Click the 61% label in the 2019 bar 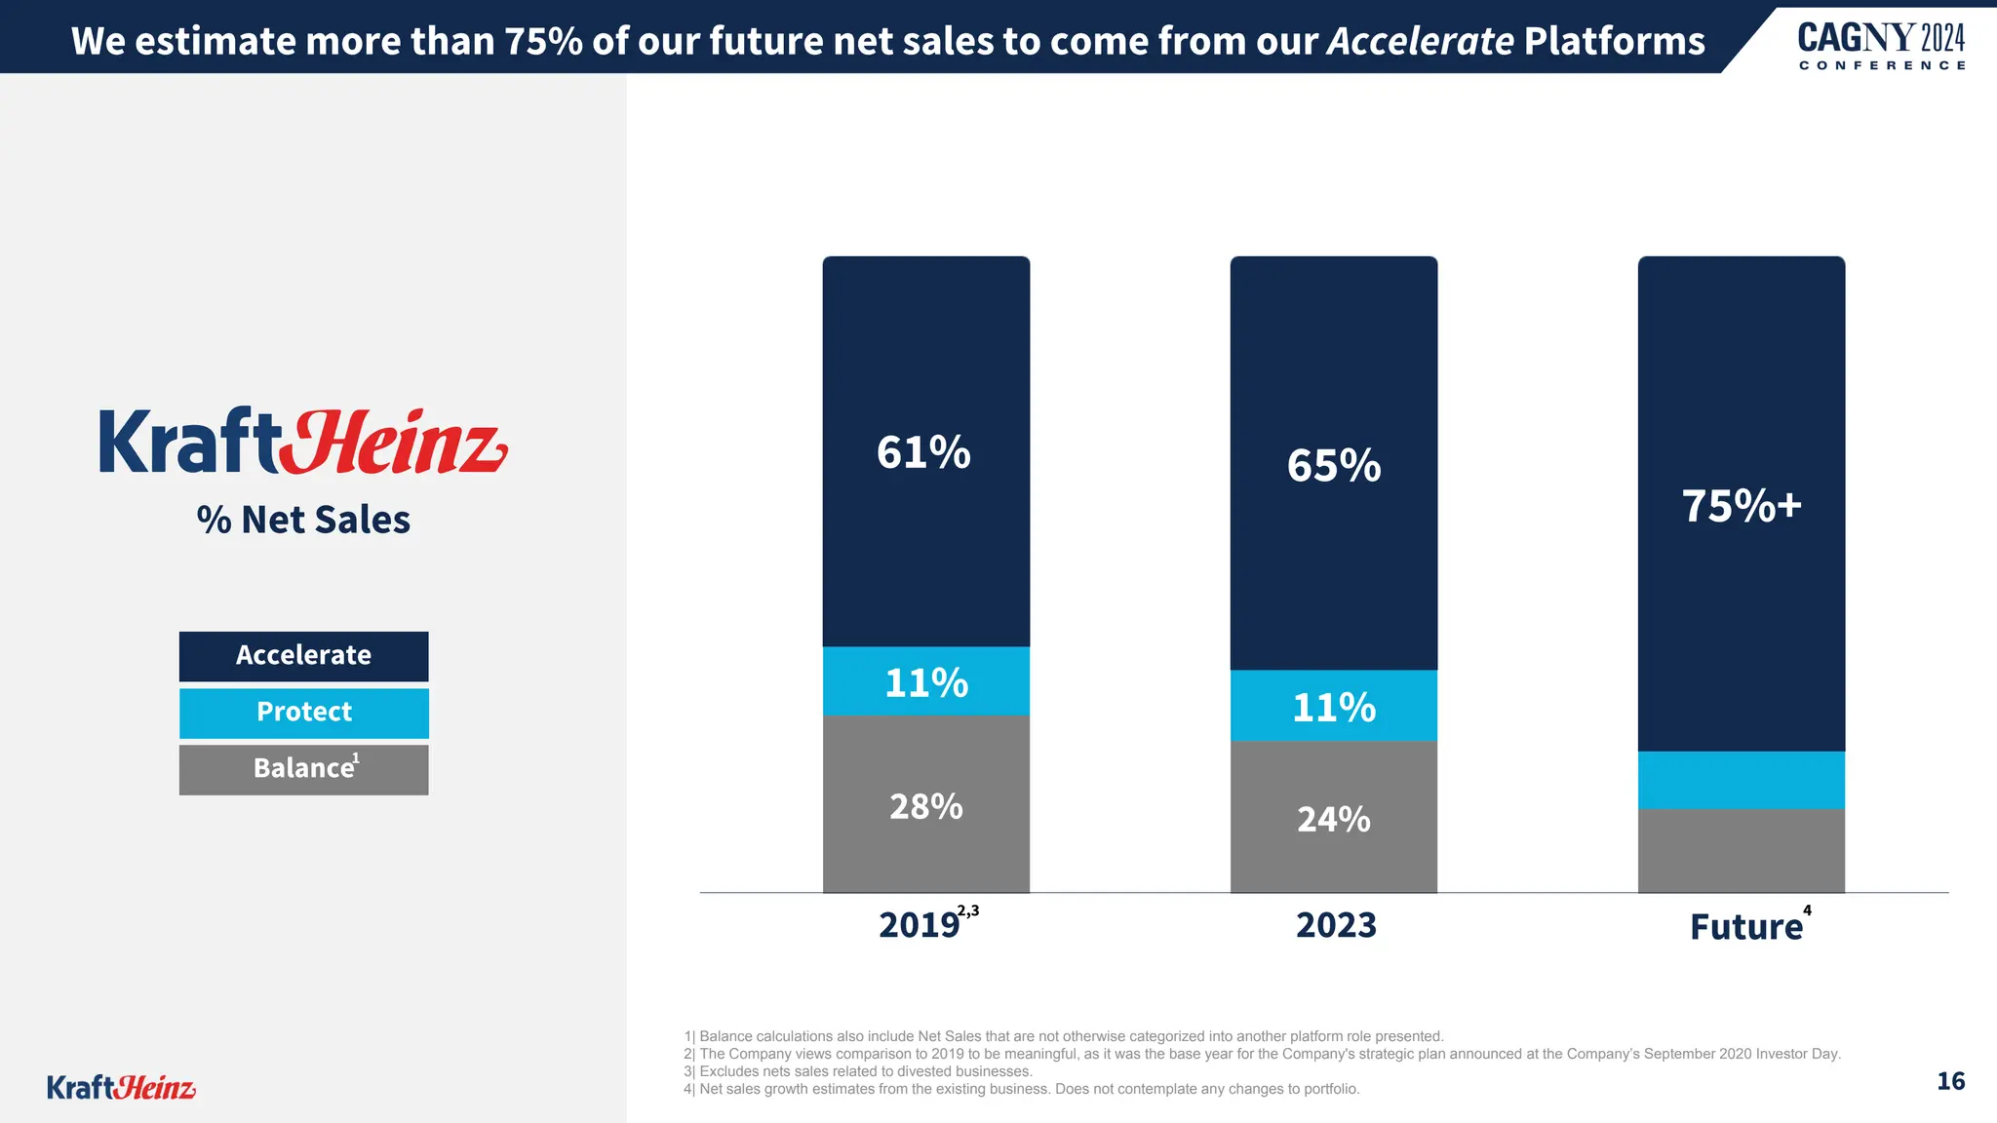click(x=923, y=452)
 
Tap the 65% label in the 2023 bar click(x=1334, y=466)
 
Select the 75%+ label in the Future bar click(x=1742, y=506)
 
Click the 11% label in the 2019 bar click(x=926, y=682)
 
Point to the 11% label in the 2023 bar click(x=1334, y=708)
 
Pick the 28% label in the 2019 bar click(x=926, y=807)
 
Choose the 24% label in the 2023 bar click(x=1334, y=820)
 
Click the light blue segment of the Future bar click(x=1742, y=780)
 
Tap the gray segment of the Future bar click(x=1742, y=851)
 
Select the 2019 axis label click(x=920, y=925)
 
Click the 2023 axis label click(x=1336, y=925)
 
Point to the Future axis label click(x=1746, y=927)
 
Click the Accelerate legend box click(x=303, y=656)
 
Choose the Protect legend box click(x=303, y=713)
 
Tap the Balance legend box click(x=303, y=769)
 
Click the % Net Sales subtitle click(x=303, y=520)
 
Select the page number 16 click(x=1950, y=1081)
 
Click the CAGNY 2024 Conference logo click(x=1881, y=47)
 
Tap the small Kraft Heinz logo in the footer click(x=121, y=1087)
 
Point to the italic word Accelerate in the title click(x=1420, y=41)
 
